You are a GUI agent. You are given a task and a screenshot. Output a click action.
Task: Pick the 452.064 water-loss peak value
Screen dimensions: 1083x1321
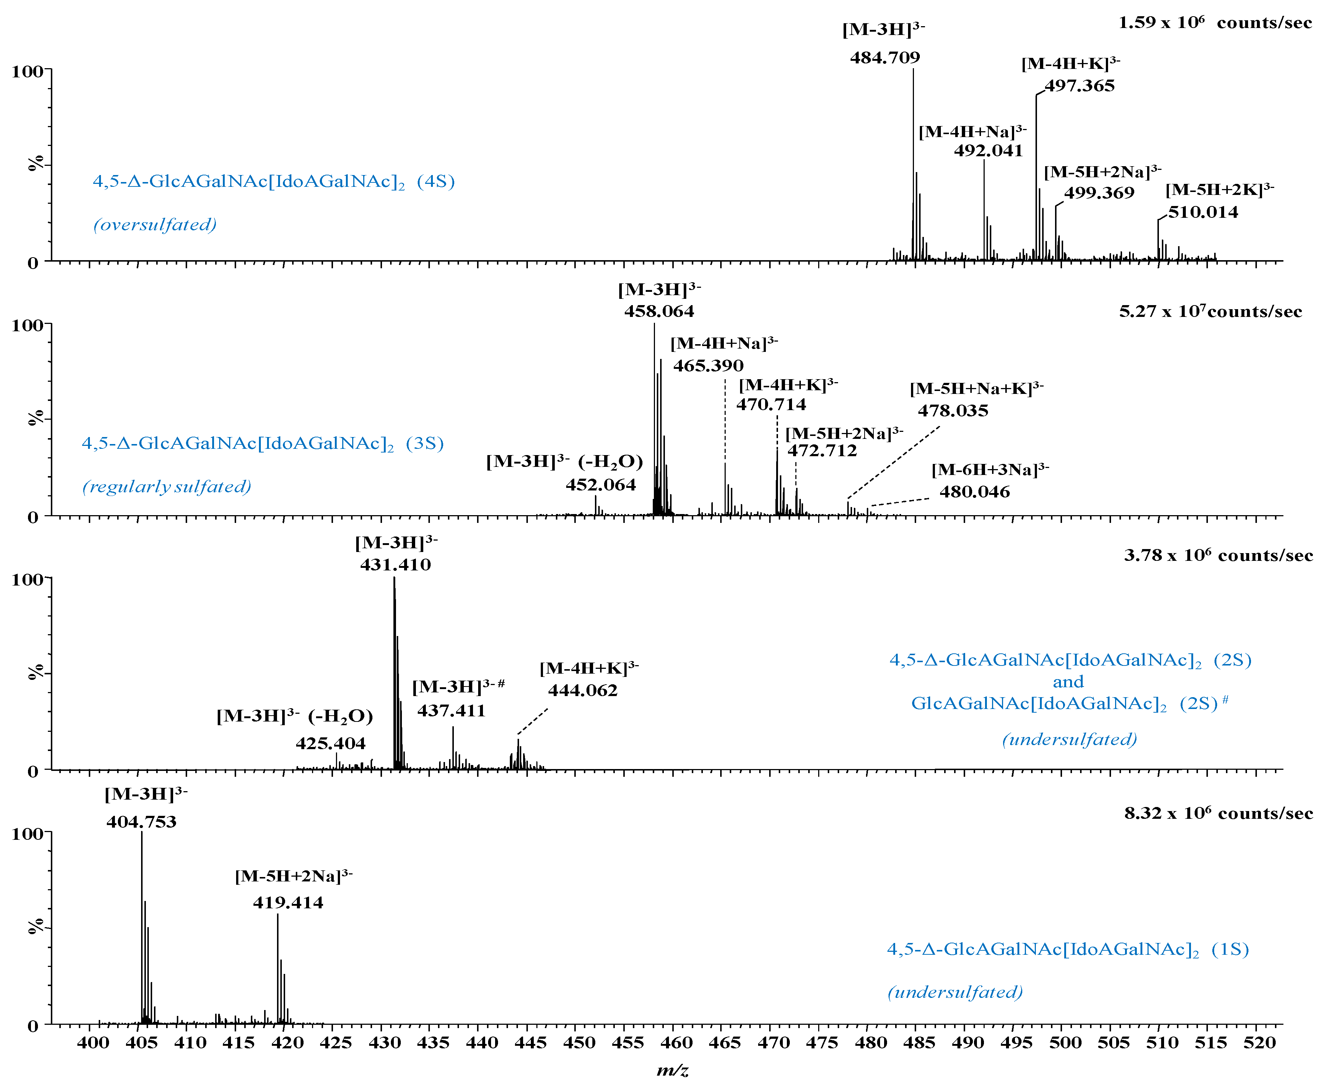tap(600, 485)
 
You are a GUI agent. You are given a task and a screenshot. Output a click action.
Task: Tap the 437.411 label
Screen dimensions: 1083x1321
tap(451, 710)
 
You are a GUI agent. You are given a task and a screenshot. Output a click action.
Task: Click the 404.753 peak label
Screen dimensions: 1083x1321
tap(141, 822)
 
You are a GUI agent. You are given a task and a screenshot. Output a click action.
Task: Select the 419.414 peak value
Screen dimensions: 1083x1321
tap(288, 903)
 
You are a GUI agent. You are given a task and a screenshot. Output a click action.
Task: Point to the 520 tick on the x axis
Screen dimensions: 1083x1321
tap(1259, 1042)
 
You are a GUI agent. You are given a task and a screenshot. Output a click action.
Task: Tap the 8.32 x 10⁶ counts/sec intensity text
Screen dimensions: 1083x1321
tap(1218, 814)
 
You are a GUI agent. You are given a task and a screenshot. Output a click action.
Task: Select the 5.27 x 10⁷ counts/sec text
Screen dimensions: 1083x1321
tap(1210, 312)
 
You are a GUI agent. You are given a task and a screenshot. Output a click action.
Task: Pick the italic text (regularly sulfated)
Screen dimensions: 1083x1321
tap(167, 487)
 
